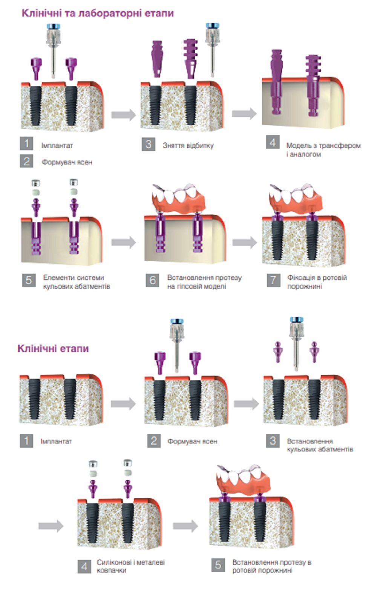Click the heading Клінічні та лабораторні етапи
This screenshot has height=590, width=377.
98,13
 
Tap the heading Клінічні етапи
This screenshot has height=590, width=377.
53,348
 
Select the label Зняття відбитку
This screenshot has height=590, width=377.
188,145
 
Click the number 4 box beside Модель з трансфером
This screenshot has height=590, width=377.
273,143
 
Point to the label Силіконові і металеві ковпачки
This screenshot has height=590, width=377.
130,566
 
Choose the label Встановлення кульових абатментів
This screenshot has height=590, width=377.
320,445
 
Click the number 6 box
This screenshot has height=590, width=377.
152,280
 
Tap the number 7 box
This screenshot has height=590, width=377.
273,280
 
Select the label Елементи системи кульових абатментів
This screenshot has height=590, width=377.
77,282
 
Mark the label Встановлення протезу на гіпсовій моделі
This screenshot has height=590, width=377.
204,282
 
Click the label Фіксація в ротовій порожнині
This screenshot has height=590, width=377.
317,282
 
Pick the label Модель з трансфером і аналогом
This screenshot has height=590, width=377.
323,149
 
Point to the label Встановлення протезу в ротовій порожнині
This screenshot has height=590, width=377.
271,566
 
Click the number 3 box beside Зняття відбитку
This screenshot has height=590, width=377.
149,144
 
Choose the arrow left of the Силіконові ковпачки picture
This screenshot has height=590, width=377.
51,526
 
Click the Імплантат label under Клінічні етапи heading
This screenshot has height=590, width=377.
56,441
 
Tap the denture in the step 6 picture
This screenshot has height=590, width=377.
179,200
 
